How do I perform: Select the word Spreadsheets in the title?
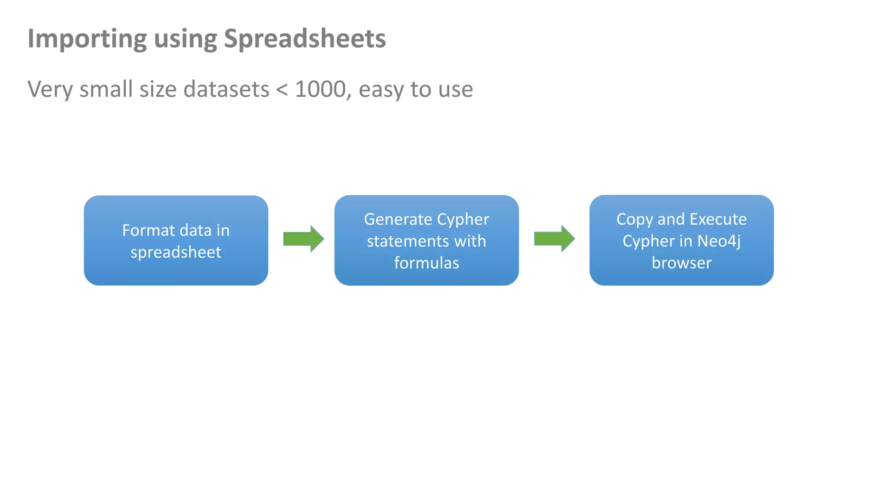[305, 39]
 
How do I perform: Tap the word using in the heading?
[185, 39]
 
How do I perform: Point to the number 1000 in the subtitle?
[320, 89]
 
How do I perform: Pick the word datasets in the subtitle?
[226, 89]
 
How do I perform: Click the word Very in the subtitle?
[50, 89]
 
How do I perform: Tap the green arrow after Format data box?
[303, 239]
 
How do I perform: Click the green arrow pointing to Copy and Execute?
[554, 239]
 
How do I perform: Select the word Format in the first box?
[149, 230]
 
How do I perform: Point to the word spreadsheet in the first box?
[176, 252]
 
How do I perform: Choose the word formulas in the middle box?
[426, 263]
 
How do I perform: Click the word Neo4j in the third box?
[719, 241]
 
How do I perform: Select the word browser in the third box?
[681, 263]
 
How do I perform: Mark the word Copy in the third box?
[634, 219]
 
